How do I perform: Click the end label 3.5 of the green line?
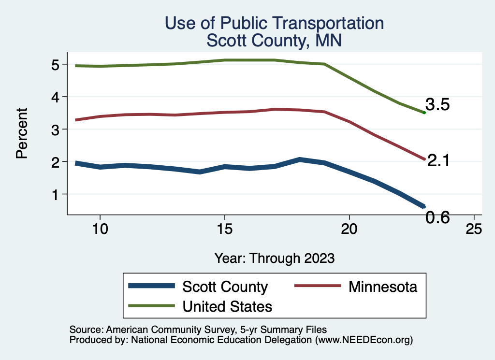coord(437,104)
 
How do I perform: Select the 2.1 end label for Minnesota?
coord(438,161)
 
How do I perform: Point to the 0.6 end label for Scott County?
coord(437,218)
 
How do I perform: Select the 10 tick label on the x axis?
coord(100,230)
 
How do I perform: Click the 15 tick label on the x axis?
coord(224,230)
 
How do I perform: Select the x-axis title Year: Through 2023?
coord(274,258)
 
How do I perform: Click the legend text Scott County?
coord(225,287)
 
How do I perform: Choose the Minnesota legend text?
coord(382,287)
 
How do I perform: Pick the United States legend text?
coord(227,306)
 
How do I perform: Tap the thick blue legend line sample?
coord(151,287)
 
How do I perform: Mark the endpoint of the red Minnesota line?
coord(424,159)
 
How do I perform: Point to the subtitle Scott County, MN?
coord(274,41)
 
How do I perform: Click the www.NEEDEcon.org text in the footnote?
coord(364,340)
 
